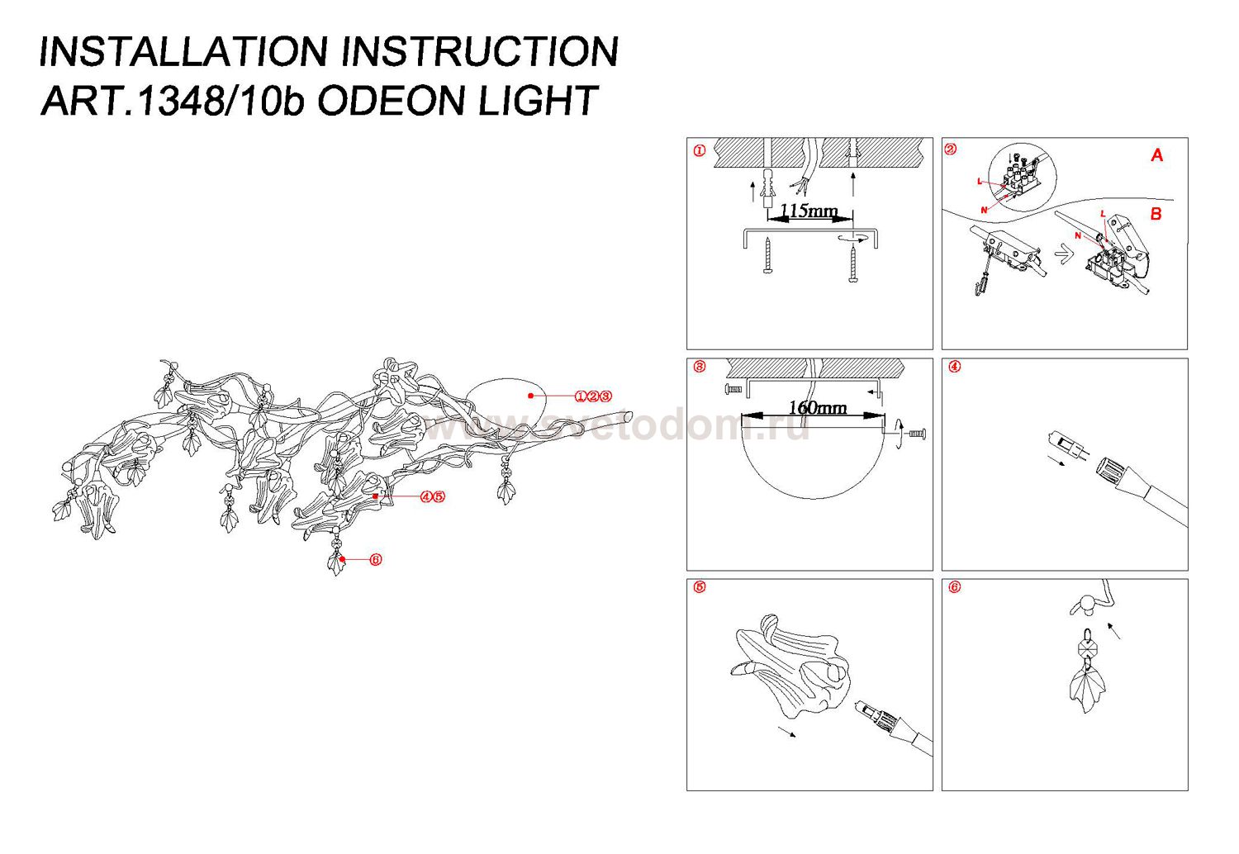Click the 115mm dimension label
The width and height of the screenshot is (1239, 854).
(809, 211)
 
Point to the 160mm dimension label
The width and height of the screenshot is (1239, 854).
(817, 407)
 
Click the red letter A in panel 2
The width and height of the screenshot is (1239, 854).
(1156, 155)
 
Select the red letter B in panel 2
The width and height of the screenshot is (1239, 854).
(1156, 214)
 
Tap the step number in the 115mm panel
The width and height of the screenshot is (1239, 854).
(700, 150)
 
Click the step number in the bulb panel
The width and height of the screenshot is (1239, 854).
(955, 367)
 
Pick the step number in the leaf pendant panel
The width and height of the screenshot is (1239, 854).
(955, 587)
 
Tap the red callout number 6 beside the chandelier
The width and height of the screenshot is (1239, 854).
(376, 560)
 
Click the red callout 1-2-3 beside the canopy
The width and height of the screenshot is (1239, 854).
(593, 396)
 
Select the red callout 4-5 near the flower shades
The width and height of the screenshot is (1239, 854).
(432, 496)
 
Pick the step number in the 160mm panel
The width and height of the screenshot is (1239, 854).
(700, 367)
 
